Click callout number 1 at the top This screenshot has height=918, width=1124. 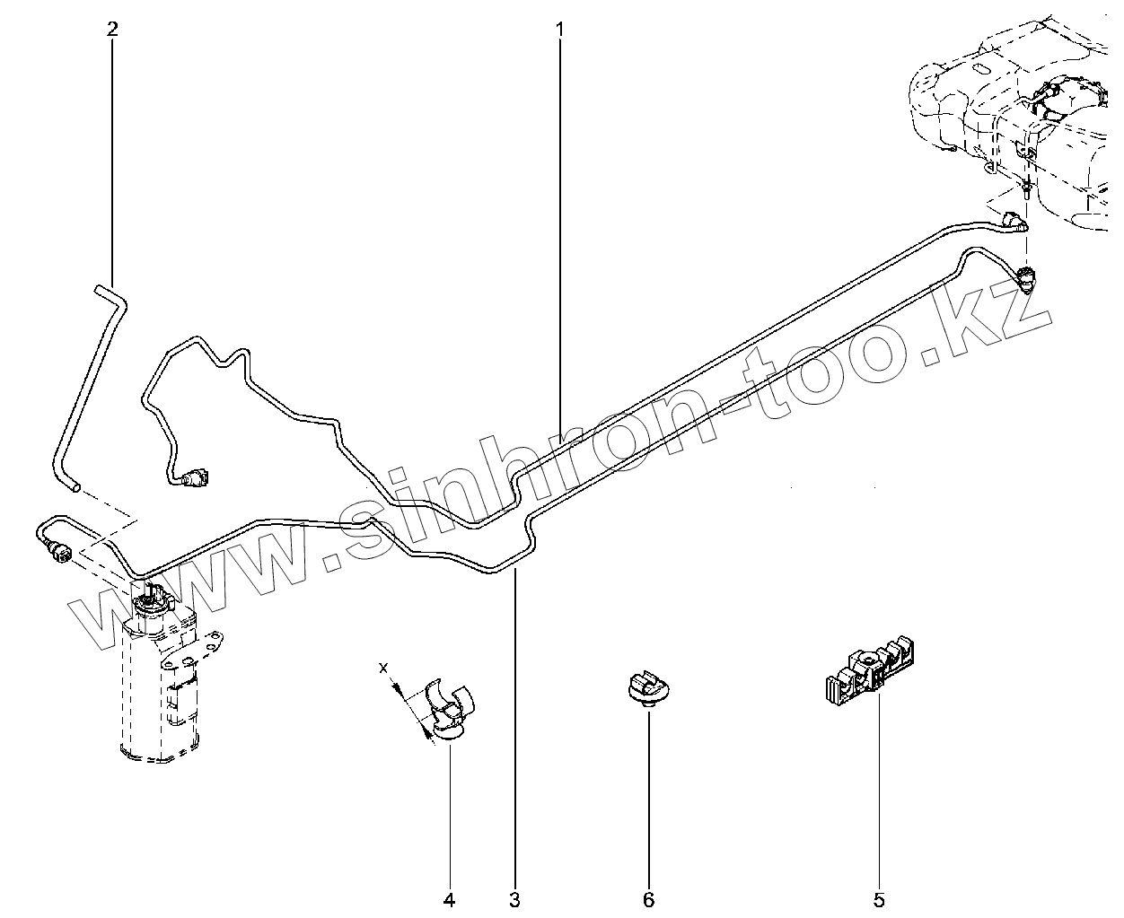pos(559,29)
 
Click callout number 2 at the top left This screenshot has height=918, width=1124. pos(112,29)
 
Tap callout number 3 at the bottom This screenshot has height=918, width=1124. pos(515,898)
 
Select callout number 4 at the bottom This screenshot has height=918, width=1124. pos(448,898)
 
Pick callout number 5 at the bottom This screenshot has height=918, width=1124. pos(879,898)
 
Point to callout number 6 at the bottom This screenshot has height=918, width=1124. pos(648,898)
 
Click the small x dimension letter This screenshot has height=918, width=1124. pos(383,668)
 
